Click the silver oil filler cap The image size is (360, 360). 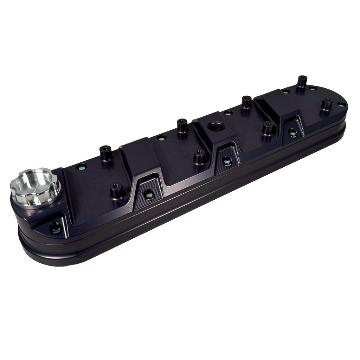click(34, 186)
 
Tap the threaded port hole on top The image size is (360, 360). click(214, 126)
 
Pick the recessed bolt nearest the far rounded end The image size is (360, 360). click(291, 133)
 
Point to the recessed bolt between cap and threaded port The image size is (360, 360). click(149, 194)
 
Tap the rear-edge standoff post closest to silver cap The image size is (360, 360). click(105, 153)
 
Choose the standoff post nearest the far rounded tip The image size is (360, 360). click(327, 104)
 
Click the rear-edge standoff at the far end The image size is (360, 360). click(301, 81)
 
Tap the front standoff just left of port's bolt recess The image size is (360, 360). click(199, 157)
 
